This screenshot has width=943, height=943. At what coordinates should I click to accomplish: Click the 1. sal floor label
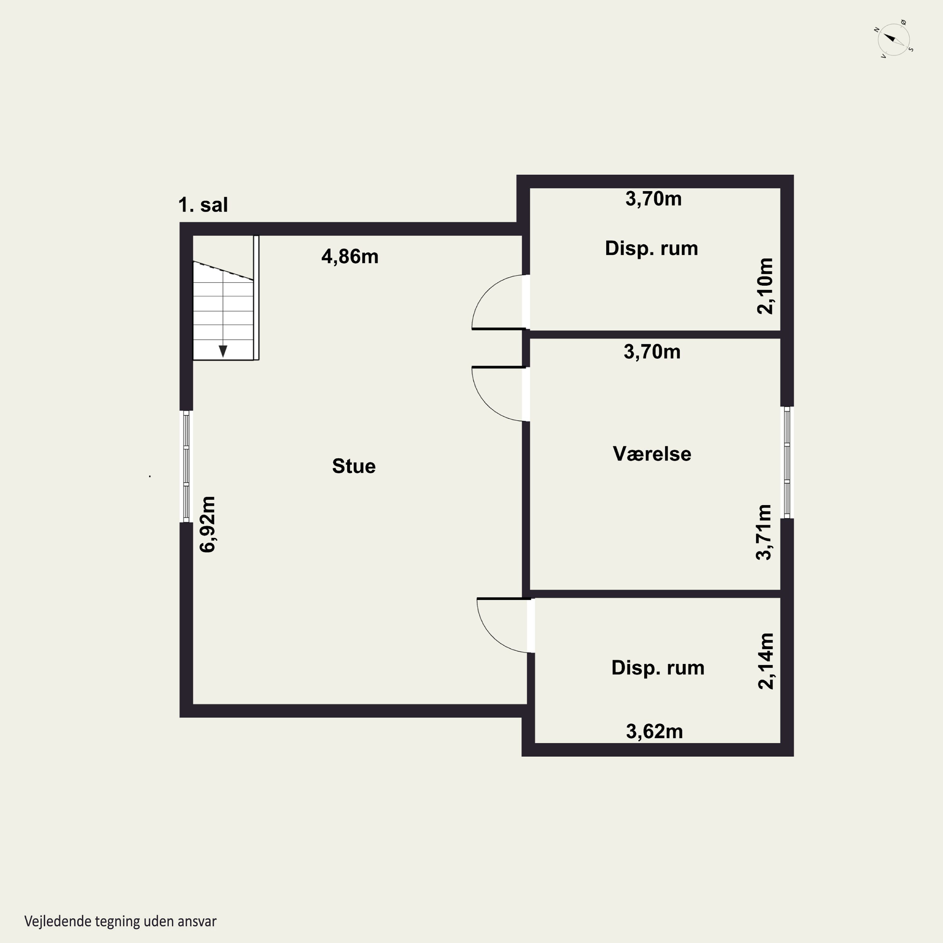tap(203, 205)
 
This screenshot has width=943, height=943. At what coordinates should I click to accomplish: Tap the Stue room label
tap(354, 466)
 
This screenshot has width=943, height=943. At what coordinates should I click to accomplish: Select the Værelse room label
tap(652, 454)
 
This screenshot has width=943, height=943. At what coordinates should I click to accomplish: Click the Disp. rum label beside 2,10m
tap(652, 248)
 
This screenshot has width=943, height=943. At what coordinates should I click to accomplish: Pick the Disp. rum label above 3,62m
tap(658, 668)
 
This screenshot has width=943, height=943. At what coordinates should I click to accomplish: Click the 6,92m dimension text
tap(207, 524)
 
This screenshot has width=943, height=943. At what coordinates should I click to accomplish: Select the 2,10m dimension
tap(765, 286)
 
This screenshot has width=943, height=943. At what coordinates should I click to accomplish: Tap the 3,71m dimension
tap(764, 532)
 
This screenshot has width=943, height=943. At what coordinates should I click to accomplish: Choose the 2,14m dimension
tap(766, 661)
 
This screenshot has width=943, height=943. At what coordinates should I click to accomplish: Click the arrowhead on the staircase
tap(223, 351)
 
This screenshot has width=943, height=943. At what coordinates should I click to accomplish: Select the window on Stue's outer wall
tap(186, 466)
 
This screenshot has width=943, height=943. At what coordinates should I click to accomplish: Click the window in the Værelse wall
tap(787, 462)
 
